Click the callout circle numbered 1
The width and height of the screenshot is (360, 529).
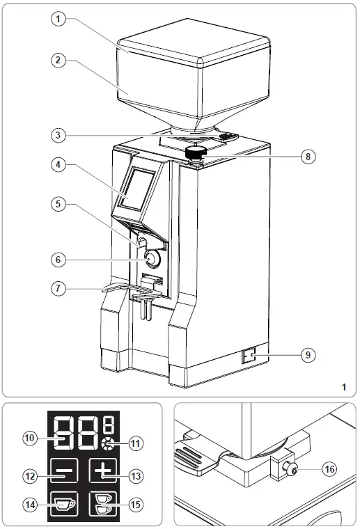click(61, 19)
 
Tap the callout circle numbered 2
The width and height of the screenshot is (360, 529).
click(61, 60)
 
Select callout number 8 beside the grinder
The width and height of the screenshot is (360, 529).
click(306, 157)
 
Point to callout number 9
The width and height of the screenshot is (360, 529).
click(306, 354)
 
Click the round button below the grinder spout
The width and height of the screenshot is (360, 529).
click(152, 258)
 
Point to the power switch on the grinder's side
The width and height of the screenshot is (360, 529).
click(249, 357)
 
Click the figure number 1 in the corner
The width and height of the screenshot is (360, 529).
click(344, 385)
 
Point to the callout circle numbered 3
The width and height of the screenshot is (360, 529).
click(61, 134)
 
